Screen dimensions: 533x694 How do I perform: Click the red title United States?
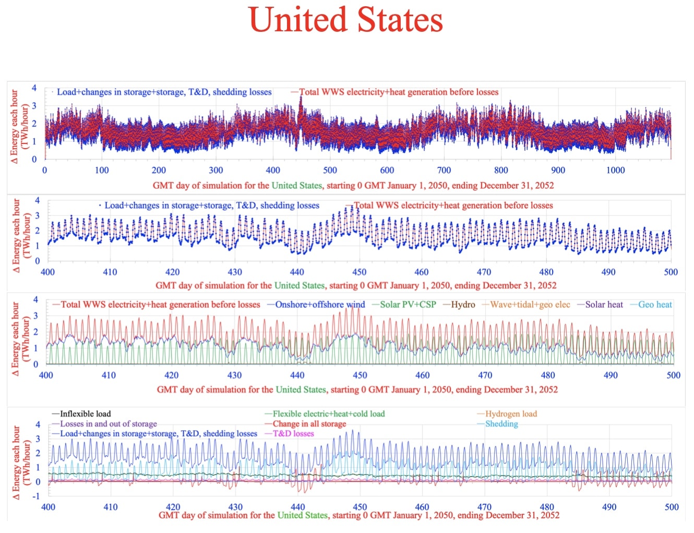pos(346,20)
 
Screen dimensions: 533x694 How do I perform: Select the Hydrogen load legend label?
pos(510,414)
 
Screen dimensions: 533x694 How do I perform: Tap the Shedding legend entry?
pos(501,423)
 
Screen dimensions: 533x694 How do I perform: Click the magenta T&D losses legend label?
pos(293,433)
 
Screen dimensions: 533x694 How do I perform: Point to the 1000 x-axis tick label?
pos(615,170)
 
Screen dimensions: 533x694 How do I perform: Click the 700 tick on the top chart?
pos(444,170)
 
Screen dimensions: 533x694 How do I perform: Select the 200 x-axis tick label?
pos(159,170)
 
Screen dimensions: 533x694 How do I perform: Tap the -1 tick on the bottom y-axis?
pos(36,496)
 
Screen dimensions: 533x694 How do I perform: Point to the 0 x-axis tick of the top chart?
pos(44,170)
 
